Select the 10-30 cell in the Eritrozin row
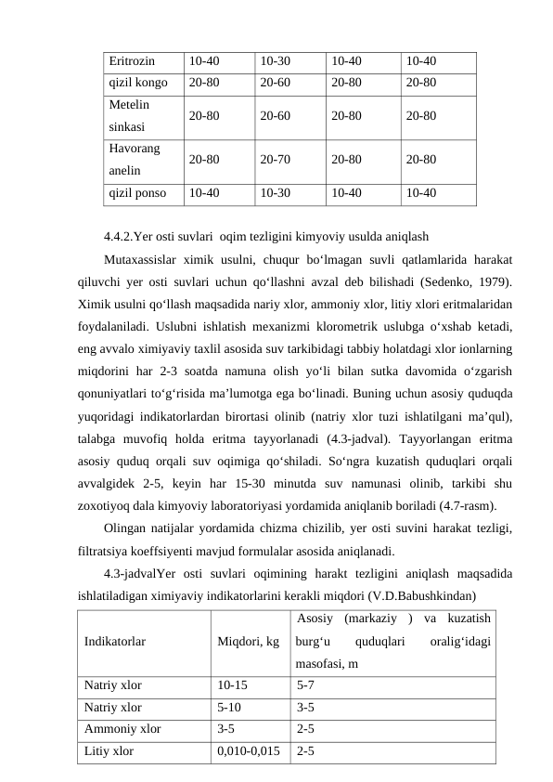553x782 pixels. tap(275, 61)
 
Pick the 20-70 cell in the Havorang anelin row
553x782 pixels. tap(275, 159)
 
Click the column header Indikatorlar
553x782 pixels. tap(114, 641)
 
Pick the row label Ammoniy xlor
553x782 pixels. tap(122, 729)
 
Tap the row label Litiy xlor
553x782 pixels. tap(109, 750)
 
